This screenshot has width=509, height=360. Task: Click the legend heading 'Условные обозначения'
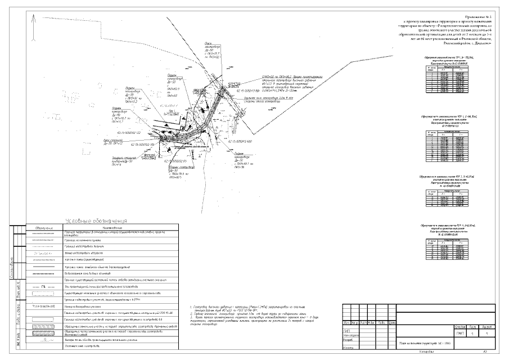[x=98, y=222]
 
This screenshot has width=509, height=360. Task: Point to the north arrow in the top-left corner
[x=37, y=20]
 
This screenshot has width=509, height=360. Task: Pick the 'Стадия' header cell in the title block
[x=460, y=326]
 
